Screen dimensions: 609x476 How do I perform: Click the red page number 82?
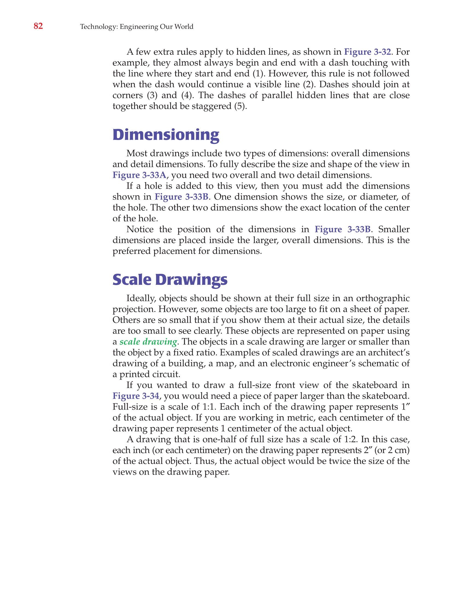[x=38, y=26]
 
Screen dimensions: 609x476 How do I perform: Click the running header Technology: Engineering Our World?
[x=137, y=27]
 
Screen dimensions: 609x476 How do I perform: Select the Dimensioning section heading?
[x=166, y=135]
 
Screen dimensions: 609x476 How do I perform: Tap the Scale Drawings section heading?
[x=170, y=280]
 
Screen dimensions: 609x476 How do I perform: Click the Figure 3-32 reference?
[x=367, y=52]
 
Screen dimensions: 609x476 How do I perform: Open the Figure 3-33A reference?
[x=139, y=175]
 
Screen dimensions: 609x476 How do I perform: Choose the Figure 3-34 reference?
[x=136, y=396]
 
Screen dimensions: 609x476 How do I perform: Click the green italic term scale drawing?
[x=148, y=342]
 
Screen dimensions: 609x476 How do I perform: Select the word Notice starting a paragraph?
[x=140, y=229]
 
